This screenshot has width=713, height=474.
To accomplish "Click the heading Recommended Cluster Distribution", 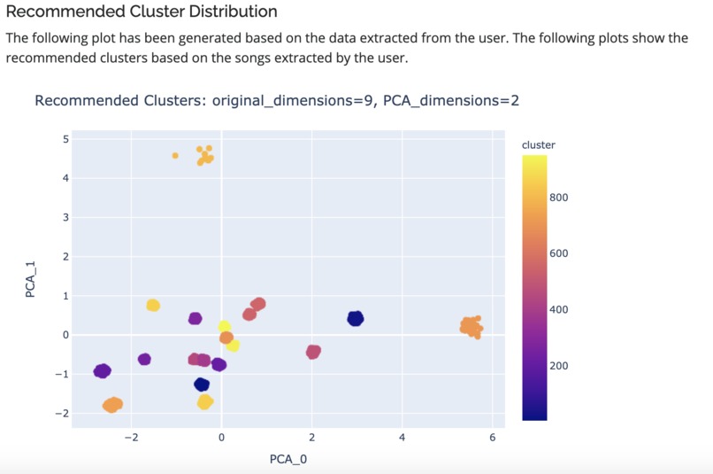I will [142, 12].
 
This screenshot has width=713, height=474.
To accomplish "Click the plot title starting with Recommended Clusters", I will [277, 100].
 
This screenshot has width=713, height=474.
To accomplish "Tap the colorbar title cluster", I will [539, 144].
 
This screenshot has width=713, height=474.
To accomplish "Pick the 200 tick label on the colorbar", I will [558, 366].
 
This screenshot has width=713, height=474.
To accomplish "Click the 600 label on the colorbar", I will [558, 254].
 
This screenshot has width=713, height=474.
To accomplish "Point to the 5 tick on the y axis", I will [65, 139].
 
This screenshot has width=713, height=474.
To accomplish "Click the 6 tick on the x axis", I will [492, 437].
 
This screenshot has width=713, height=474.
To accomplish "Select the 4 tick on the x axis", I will [402, 437].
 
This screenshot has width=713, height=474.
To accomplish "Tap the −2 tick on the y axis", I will [62, 414].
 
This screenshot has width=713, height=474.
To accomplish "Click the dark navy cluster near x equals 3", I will [356, 318].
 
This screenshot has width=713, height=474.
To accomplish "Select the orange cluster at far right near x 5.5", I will [471, 327].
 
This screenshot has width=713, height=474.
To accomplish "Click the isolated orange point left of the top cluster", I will [175, 155].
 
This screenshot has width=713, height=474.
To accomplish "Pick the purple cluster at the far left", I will [103, 370].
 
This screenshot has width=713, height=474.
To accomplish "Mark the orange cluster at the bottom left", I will [112, 405].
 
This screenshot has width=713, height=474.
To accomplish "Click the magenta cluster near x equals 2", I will [313, 352].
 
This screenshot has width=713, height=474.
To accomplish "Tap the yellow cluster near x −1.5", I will [153, 305].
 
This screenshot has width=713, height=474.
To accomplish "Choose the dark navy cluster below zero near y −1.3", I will [202, 385].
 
